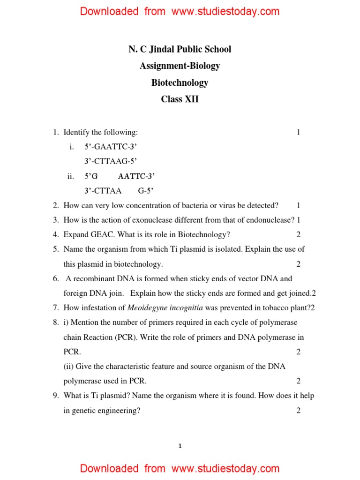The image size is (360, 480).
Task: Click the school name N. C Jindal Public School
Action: coord(180,49)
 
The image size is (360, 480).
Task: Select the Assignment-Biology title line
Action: coord(180,66)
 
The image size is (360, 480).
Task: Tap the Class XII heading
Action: coord(180,99)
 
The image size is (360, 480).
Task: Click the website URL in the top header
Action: coord(225,12)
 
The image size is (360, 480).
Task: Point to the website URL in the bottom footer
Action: coord(225,468)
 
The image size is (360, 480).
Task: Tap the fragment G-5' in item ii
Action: coord(146,191)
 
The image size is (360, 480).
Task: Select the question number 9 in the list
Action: coord(55,396)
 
